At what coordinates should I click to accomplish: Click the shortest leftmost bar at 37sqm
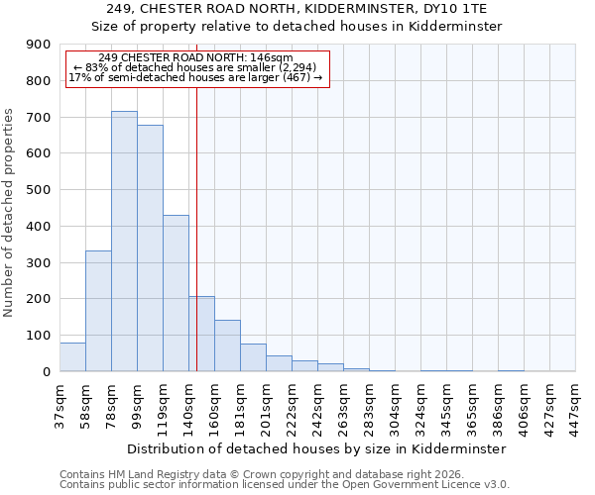72,357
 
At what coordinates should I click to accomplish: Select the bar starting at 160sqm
227,346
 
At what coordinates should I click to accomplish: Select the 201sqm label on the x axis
266,406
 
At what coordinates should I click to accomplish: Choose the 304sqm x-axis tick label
395,406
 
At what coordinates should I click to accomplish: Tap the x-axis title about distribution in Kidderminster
317,448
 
